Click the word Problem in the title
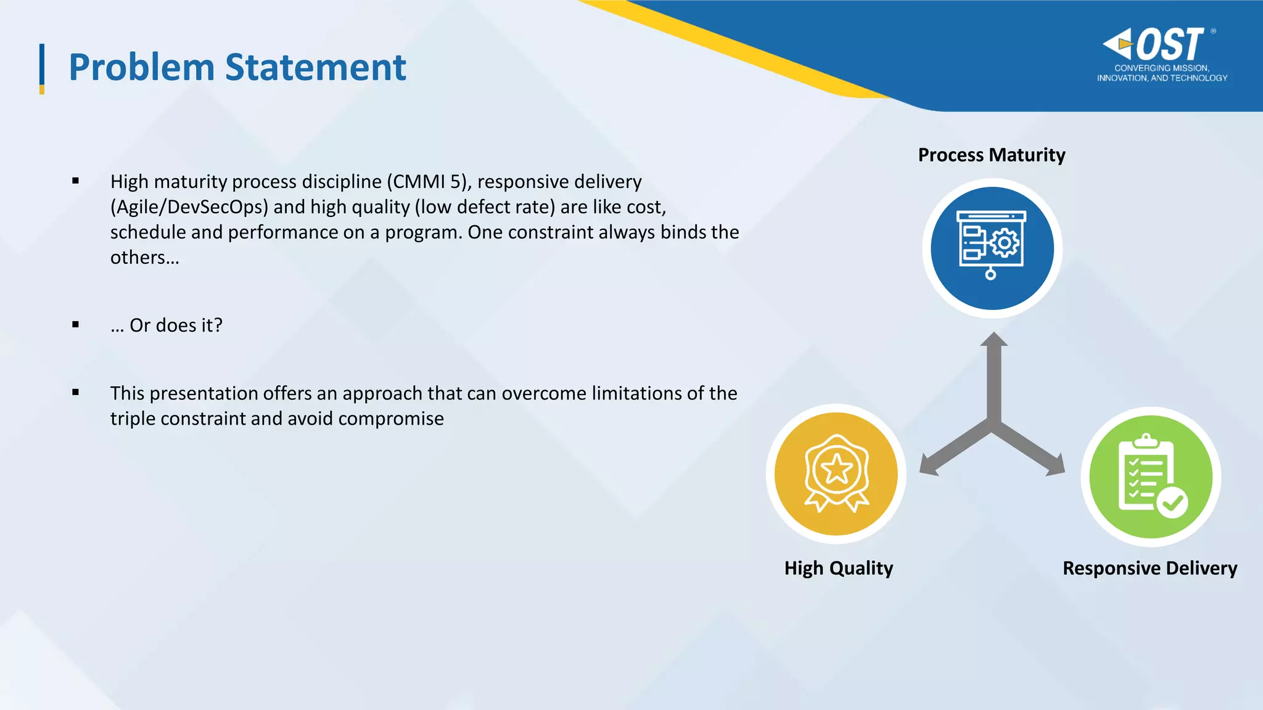(141, 67)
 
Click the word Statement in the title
(315, 67)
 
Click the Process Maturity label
(991, 155)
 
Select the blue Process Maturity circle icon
(992, 248)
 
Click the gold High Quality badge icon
(836, 474)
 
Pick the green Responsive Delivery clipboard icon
(1151, 476)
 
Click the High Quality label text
(838, 568)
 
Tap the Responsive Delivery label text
(1150, 568)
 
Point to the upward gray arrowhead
(994, 340)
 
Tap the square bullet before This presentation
(75, 392)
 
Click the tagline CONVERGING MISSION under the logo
(1161, 68)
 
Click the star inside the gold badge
(837, 470)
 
